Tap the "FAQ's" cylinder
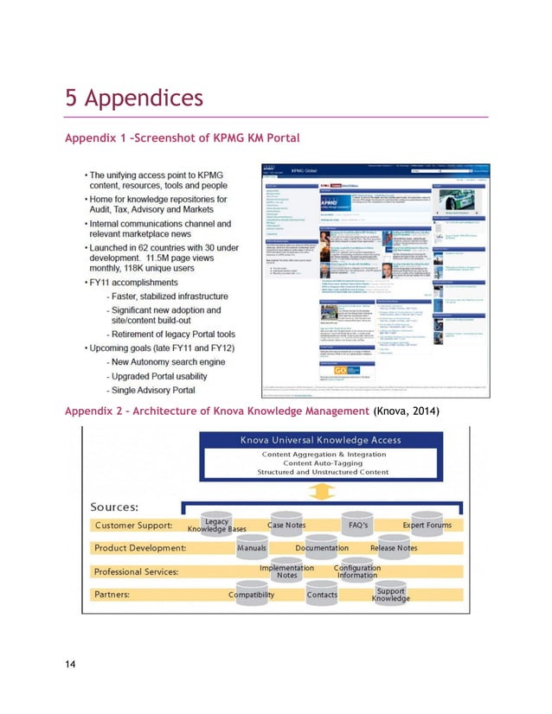[x=356, y=526]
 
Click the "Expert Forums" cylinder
[x=427, y=526]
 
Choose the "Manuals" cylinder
[x=251, y=548]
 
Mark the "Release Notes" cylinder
[x=394, y=548]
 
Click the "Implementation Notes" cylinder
[x=286, y=571]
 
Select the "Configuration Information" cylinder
[x=356, y=571]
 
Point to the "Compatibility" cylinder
[x=251, y=595]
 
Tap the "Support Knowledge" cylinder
[x=392, y=595]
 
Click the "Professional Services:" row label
[x=137, y=571]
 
